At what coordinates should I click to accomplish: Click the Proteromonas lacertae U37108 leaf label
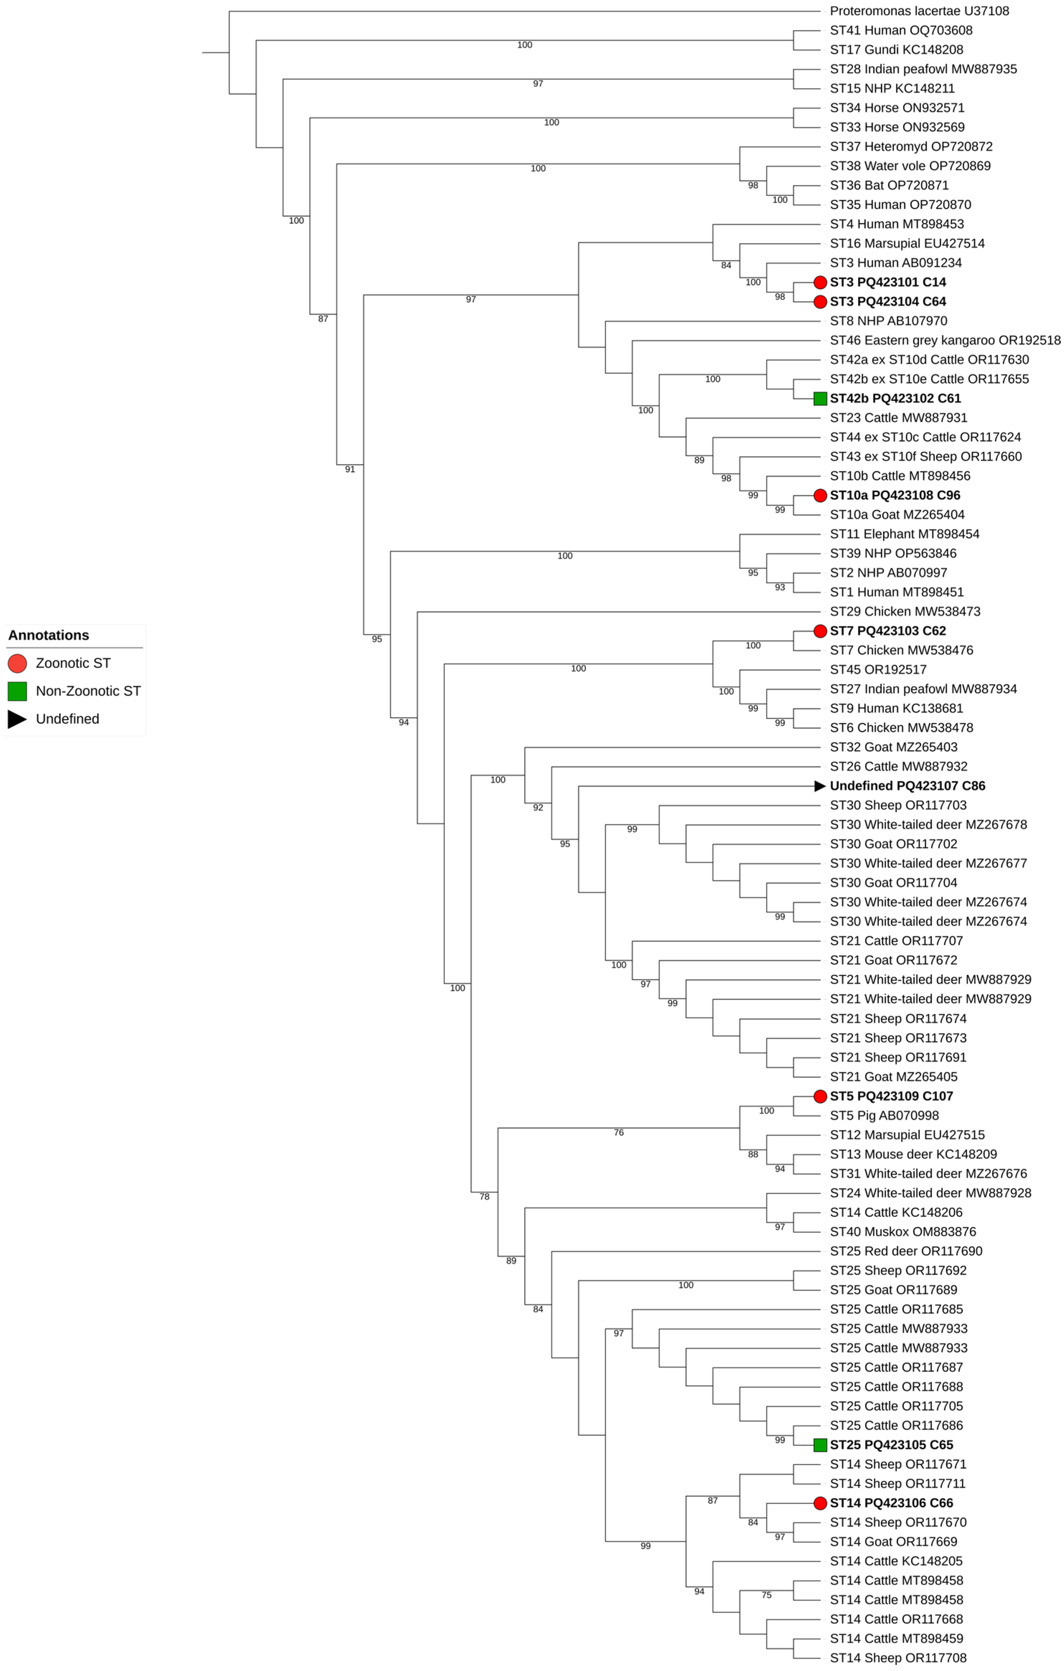click(x=919, y=11)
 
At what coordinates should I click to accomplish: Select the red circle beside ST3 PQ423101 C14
click(x=820, y=283)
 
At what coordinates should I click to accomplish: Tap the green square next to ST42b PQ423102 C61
click(x=820, y=398)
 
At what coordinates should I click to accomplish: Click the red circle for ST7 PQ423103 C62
click(x=820, y=631)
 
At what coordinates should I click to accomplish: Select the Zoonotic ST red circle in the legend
click(x=17, y=663)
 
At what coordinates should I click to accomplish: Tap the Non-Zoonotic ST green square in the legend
click(x=17, y=691)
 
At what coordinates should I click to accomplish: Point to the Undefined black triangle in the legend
click(x=17, y=719)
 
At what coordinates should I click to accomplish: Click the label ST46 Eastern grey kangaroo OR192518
click(x=945, y=340)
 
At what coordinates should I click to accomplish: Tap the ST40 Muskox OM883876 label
click(x=902, y=1231)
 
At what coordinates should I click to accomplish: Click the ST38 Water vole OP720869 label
click(x=910, y=166)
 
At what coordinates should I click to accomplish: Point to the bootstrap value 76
click(x=618, y=1132)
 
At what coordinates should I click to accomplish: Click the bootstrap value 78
click(x=485, y=1196)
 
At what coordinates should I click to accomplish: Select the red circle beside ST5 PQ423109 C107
click(x=820, y=1097)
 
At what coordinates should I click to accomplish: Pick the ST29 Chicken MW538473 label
click(x=905, y=611)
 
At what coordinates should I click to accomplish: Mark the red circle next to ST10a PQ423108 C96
click(x=820, y=496)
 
